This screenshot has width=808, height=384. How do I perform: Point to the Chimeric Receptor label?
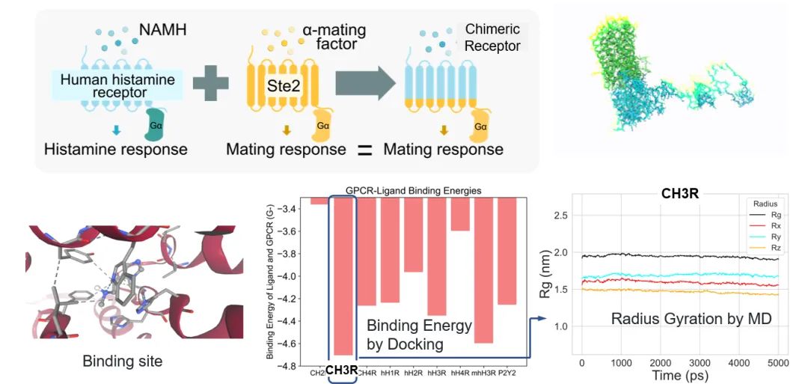tap(492, 38)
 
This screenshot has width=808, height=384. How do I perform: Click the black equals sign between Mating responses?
tap(364, 150)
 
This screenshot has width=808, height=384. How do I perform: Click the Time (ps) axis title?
tap(679, 375)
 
